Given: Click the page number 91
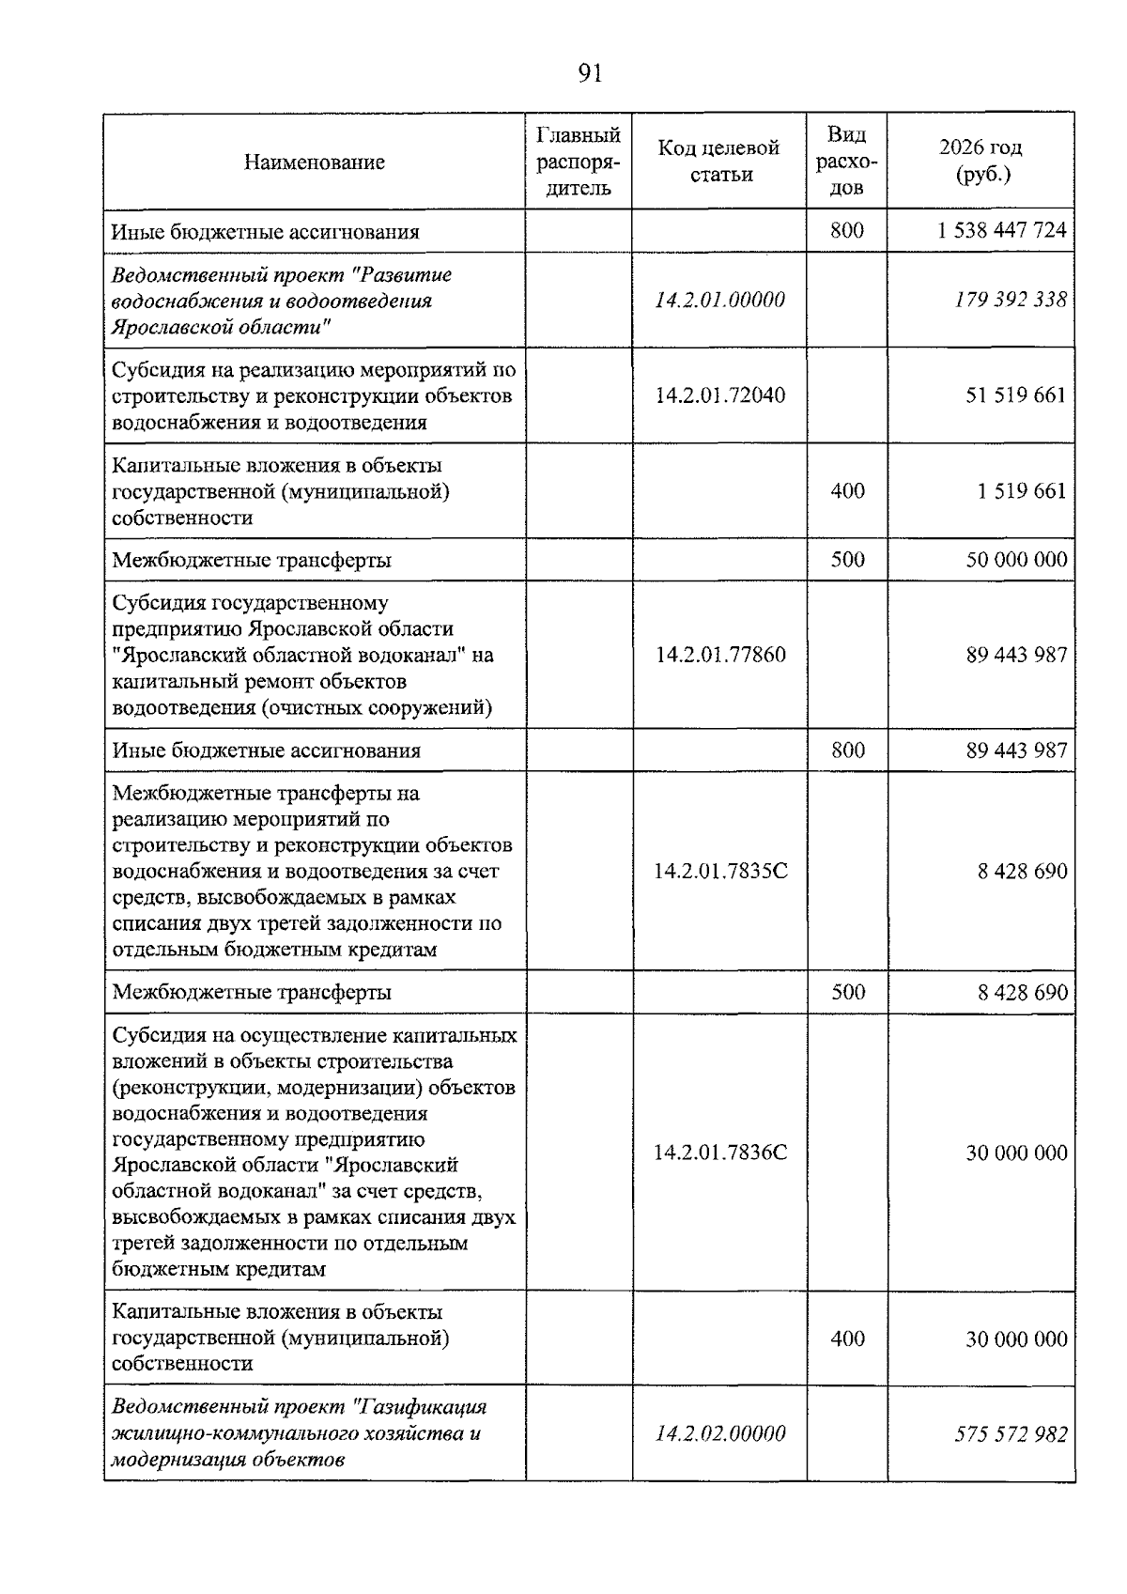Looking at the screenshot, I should point(590,73).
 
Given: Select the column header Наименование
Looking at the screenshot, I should point(314,162).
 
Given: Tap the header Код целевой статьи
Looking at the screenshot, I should point(718,161).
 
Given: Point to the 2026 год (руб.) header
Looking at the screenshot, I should point(980,161).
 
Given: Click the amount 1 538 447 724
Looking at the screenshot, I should point(1001,231).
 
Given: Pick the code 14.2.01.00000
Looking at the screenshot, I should point(719,301).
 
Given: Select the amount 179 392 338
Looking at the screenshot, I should point(1011,301).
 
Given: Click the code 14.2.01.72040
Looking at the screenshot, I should point(719,395).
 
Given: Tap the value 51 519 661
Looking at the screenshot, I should point(1016,395).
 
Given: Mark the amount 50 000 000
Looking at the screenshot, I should point(1016,561).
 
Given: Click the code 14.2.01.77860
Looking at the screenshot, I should point(719,655).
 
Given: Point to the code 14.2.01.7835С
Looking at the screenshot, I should point(720,872).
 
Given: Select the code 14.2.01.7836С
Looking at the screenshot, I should point(720,1153).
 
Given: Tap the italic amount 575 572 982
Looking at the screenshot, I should point(1011,1434).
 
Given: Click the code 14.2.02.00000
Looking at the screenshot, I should point(719,1434).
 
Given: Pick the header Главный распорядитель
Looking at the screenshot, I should point(578,162).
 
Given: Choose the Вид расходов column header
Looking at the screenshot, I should point(846,162).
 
